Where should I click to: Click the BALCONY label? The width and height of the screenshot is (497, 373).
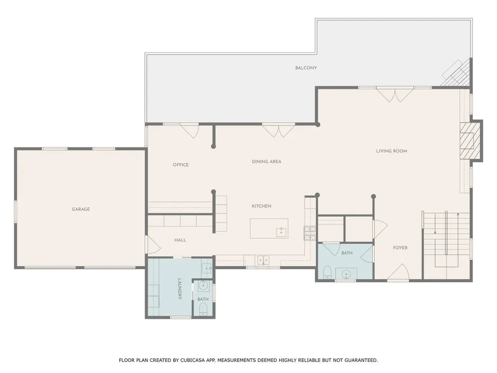[x=306, y=68]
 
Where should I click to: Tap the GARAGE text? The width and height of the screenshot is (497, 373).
[x=81, y=209]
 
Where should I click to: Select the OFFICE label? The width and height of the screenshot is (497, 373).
[x=181, y=165]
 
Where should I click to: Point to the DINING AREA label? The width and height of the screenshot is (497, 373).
[x=266, y=162]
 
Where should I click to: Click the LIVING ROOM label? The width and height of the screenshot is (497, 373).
[x=391, y=151]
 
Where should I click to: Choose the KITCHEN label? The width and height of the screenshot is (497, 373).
[x=261, y=206]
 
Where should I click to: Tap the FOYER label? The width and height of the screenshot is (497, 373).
[x=400, y=248]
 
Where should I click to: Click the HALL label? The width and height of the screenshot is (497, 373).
[x=180, y=240]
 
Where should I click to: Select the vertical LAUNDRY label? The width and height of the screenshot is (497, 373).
[x=179, y=288]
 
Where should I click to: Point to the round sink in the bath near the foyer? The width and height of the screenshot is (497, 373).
[x=346, y=273]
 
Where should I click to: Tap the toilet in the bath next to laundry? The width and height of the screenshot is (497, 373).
[x=203, y=309]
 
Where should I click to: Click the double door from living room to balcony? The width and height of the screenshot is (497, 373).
[x=395, y=94]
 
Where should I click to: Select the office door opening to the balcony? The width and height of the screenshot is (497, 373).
[x=189, y=130]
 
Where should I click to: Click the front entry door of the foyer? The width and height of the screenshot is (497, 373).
[x=398, y=273]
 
